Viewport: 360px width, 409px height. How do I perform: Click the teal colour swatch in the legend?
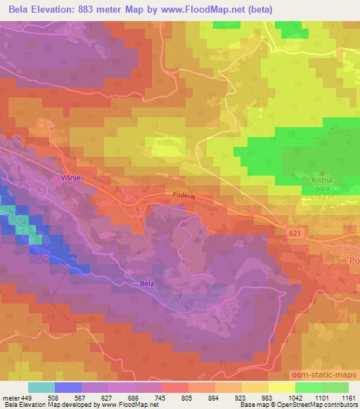(x=41, y=387)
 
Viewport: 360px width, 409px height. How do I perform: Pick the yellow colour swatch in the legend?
(x=282, y=387)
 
